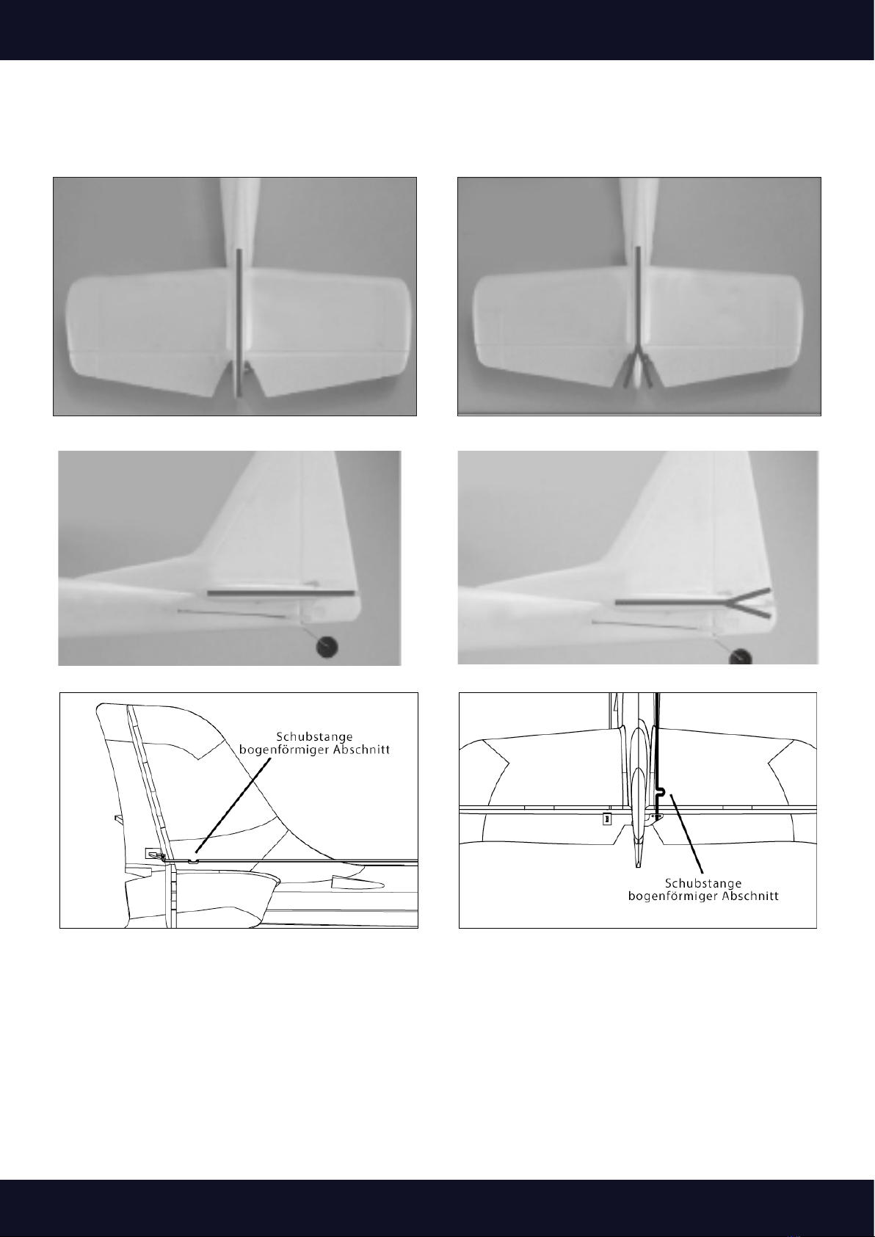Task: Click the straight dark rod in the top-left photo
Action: pyautogui.click(x=239, y=322)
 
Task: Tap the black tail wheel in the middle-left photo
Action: pyautogui.click(x=326, y=646)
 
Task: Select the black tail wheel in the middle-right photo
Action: pyautogui.click(x=740, y=657)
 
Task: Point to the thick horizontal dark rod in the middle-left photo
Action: pyautogui.click(x=280, y=594)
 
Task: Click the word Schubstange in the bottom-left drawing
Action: pyautogui.click(x=314, y=736)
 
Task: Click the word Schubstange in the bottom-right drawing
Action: pyautogui.click(x=702, y=884)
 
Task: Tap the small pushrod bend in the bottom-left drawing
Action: pyautogui.click(x=192, y=860)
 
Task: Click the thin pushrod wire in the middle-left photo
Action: pyautogui.click(x=233, y=614)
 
